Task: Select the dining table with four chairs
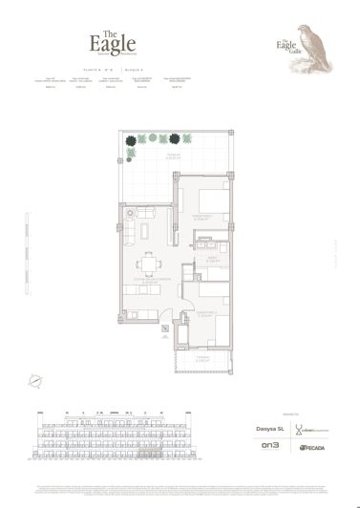pyautogui.click(x=147, y=265)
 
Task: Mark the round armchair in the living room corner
pyautogui.click(x=131, y=212)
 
